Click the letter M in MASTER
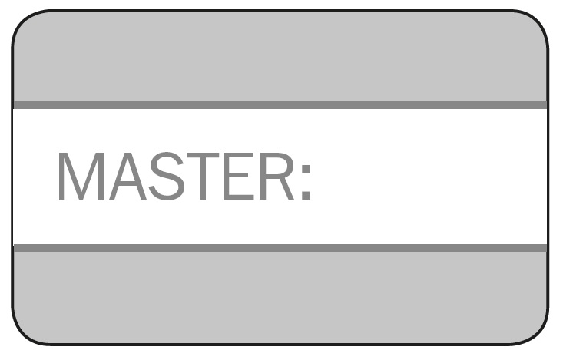pyautogui.click(x=79, y=176)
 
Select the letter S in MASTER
pyautogui.click(x=170, y=176)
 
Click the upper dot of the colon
pyautogui.click(x=306, y=164)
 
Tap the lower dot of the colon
pyautogui.click(x=306, y=196)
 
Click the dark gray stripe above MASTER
pyautogui.click(x=280, y=105)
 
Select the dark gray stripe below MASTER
pyautogui.click(x=280, y=248)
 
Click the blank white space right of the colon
pyautogui.click(x=430, y=177)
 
